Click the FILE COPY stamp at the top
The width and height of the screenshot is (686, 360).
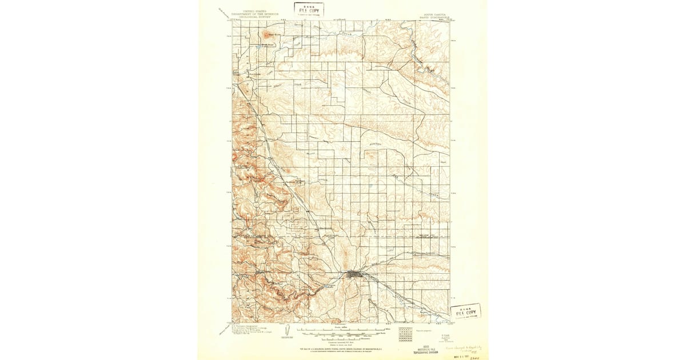pyautogui.click(x=309, y=9)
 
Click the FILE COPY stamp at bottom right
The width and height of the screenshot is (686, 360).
pyautogui.click(x=465, y=313)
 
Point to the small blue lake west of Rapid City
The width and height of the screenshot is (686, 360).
pyautogui.click(x=329, y=284)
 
